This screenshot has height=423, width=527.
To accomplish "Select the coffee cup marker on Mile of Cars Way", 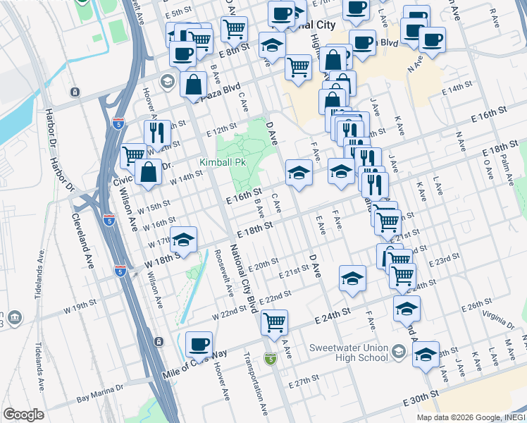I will tap(199, 345).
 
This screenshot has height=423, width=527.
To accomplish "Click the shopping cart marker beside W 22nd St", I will tap(274, 322).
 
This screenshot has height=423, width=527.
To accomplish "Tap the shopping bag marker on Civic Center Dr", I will tap(149, 171).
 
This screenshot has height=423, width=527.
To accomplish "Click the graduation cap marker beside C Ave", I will tap(299, 172).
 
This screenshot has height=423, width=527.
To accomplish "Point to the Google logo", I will tap(23, 415).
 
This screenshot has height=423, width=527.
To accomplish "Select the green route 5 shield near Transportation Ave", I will tap(271, 359).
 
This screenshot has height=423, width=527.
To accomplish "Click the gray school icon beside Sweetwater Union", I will tap(399, 350).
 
